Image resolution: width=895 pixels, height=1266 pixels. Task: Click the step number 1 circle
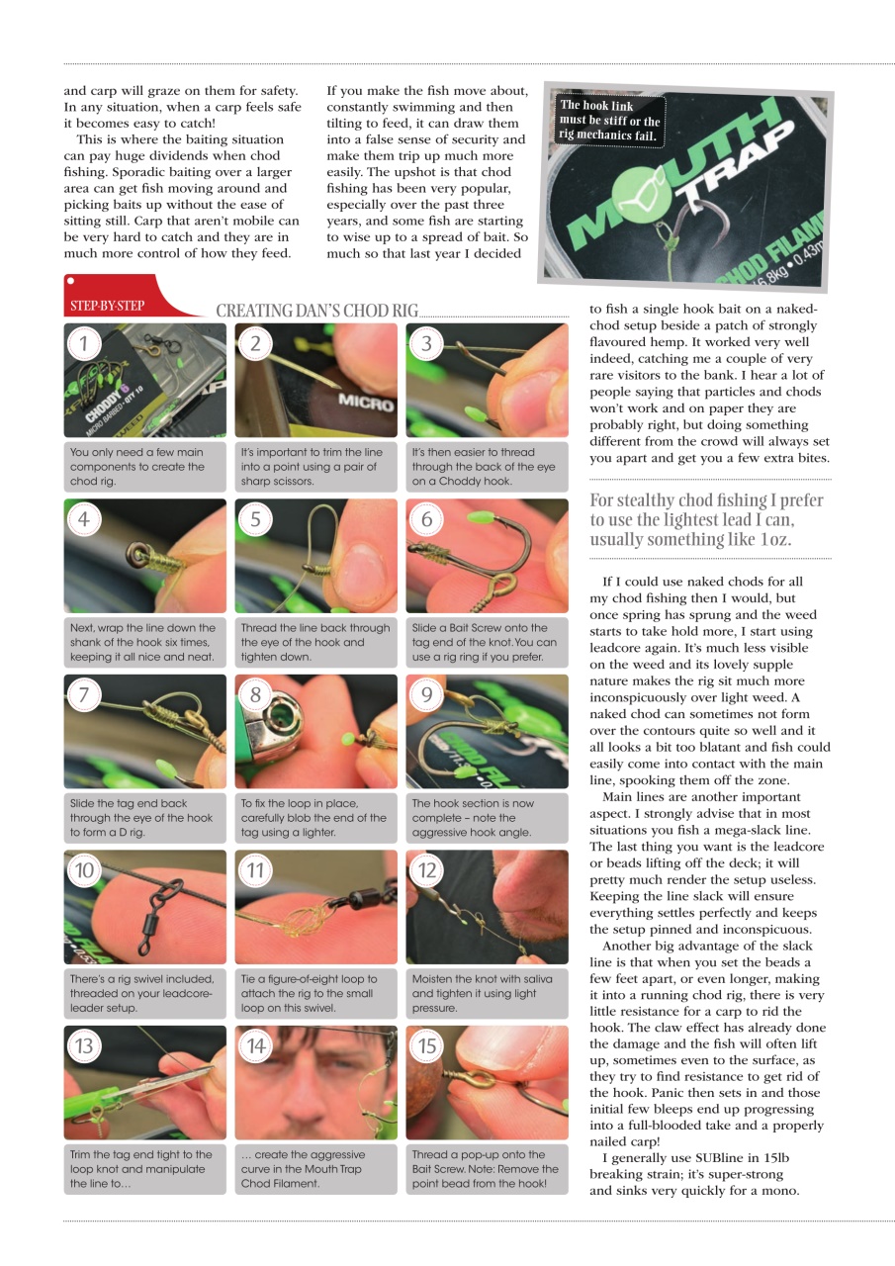(x=84, y=343)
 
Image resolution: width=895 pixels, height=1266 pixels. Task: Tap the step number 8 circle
(x=255, y=694)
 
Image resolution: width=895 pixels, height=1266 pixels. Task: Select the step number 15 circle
(x=426, y=1045)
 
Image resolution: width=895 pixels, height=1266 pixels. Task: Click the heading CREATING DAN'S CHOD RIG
(x=316, y=311)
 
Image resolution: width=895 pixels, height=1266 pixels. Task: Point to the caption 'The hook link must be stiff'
(x=609, y=121)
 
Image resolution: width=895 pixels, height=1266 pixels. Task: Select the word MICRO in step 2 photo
(x=365, y=405)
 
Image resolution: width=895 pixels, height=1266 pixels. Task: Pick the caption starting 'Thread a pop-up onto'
(x=486, y=1169)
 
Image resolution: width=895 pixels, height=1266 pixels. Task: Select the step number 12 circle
(x=426, y=870)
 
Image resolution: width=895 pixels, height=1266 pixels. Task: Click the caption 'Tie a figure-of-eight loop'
(x=314, y=994)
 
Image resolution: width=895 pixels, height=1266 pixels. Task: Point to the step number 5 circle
(x=255, y=519)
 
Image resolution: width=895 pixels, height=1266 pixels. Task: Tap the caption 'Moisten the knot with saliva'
(x=486, y=994)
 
